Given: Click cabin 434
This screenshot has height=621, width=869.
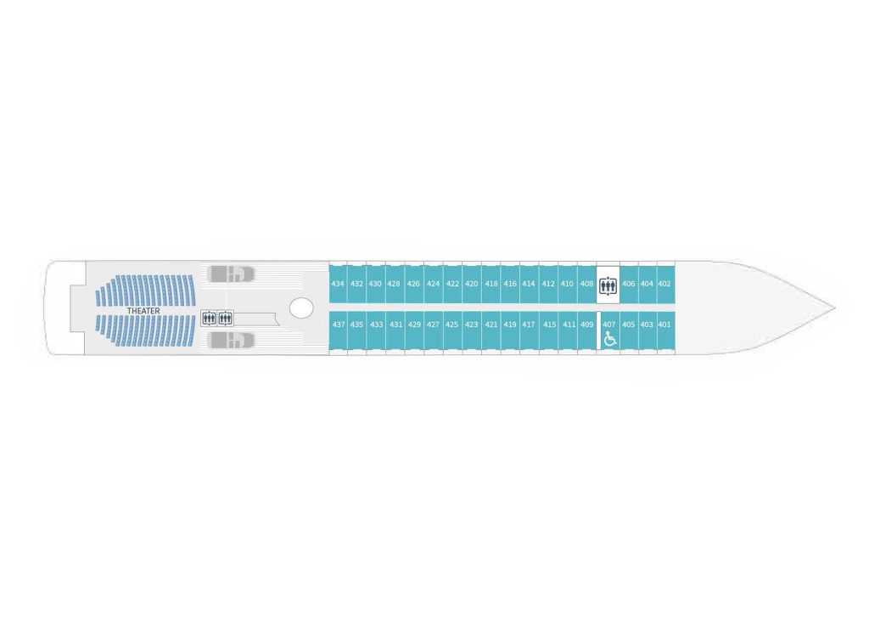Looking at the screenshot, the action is (338, 284).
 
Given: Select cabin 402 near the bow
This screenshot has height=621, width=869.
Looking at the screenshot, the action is (665, 284).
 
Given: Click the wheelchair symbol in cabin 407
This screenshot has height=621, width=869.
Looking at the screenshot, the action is (609, 338).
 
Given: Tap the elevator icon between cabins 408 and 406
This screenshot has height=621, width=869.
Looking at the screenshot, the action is (608, 285).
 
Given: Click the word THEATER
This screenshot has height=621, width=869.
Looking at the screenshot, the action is (143, 311).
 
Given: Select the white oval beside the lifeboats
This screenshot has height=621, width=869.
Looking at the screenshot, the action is (301, 308).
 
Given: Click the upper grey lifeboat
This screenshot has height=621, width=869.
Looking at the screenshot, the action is (231, 274).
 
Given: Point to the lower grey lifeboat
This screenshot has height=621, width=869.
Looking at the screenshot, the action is (231, 341).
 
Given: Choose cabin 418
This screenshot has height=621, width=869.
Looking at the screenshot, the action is (491, 284).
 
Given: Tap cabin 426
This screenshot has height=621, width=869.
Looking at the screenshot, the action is (414, 284).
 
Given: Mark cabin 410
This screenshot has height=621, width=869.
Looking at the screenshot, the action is (568, 284).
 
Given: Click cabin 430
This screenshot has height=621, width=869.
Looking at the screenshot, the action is (375, 284).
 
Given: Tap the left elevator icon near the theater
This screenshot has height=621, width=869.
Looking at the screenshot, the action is (209, 319).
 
